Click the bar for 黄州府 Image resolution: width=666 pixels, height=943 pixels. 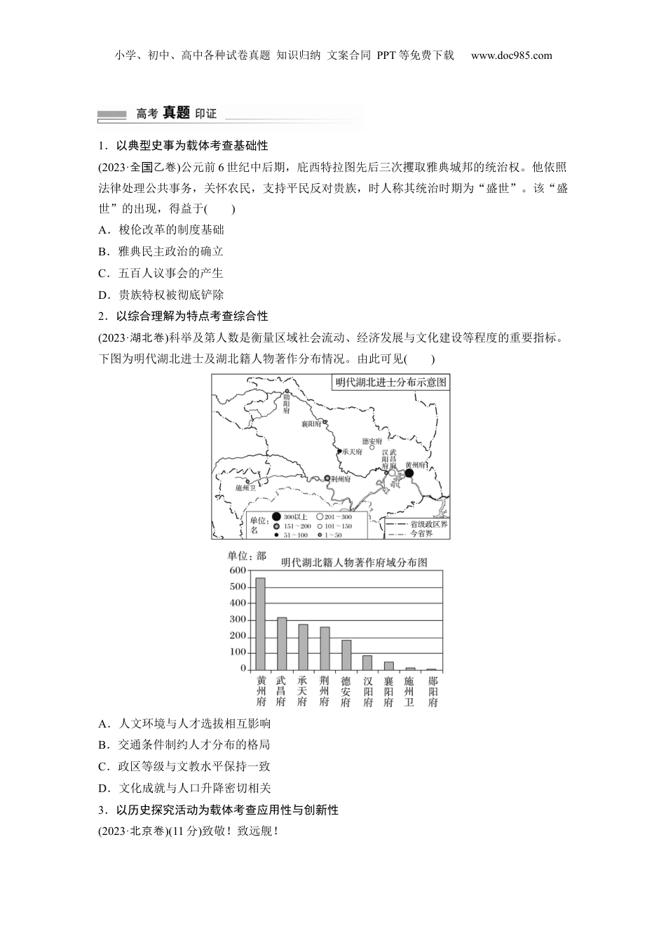click(261, 624)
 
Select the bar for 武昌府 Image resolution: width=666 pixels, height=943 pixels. click(282, 643)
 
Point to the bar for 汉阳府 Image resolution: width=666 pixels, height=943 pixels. click(367, 662)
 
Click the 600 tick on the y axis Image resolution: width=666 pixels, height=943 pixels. click(238, 570)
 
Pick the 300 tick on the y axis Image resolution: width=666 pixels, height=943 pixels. click(238, 620)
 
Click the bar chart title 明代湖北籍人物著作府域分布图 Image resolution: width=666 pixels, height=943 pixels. click(354, 562)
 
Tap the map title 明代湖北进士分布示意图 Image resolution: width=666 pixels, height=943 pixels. click(390, 382)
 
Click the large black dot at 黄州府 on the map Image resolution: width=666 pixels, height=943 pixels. click(409, 474)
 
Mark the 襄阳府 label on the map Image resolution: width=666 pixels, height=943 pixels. click(311, 424)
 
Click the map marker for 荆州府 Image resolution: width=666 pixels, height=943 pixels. click(327, 478)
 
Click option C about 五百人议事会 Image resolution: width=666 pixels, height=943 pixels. click(161, 273)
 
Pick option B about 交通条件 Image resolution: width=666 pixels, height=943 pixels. click(184, 745)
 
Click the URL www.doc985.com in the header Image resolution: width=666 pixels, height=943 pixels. click(511, 55)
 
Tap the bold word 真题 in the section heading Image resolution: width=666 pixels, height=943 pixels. click(176, 112)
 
